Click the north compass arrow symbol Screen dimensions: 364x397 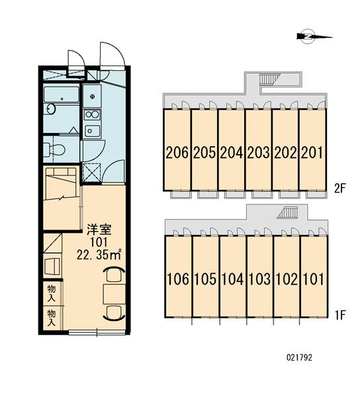pos(314,37)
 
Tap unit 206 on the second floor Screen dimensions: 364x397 pos(177,150)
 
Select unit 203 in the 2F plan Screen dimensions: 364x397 pos(258,150)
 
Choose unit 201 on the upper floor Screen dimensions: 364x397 pos(312,150)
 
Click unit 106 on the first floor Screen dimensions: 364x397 pos(178,277)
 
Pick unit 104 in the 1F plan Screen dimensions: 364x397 pos(232,277)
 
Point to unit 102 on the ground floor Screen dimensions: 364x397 pos(287,277)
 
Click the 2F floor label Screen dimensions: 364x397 pos(340,189)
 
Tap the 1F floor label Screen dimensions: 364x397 pos(340,315)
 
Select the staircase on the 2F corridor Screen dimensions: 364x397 pos(269,79)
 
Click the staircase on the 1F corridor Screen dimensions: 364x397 pos(287,212)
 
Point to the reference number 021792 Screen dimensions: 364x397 pos(299,357)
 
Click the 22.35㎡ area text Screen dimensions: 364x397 pos(99,255)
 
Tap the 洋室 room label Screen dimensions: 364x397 pos(99,230)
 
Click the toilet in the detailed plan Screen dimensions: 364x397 pos(54,150)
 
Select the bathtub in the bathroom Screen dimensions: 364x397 pos(61,95)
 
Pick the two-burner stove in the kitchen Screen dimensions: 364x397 pos(92,114)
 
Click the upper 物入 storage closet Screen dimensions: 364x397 pos(52,293)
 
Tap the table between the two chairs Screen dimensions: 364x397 pos(114,294)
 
